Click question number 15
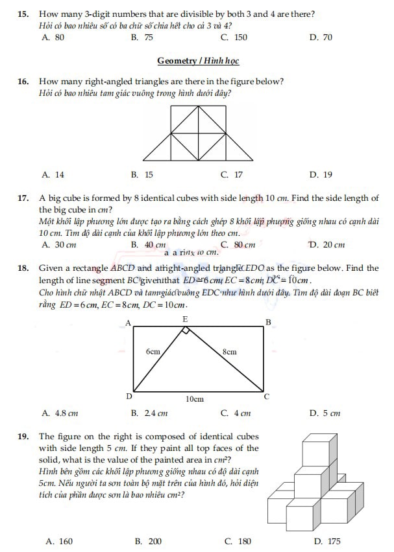(x=23, y=14)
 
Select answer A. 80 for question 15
(x=53, y=38)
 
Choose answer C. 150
(x=234, y=38)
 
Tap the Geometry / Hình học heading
(x=197, y=61)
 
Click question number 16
(x=23, y=82)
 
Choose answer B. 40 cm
(x=148, y=245)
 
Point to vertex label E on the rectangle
(x=185, y=319)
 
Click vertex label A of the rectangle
(x=127, y=323)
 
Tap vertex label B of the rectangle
(x=269, y=323)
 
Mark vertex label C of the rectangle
(x=267, y=396)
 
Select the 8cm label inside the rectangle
(x=229, y=352)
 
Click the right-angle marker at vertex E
(x=186, y=330)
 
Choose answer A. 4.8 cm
(x=60, y=413)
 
